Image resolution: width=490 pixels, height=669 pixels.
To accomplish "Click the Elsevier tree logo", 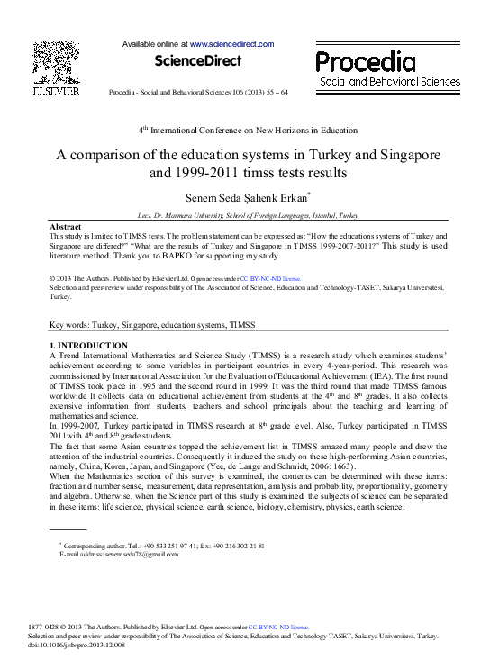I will tap(56, 62).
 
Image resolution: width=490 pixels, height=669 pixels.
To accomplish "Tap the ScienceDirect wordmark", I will tap(198, 61).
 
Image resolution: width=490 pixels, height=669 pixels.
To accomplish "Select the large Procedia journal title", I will tap(366, 61).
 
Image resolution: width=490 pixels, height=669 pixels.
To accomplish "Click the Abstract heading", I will tap(66, 226).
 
